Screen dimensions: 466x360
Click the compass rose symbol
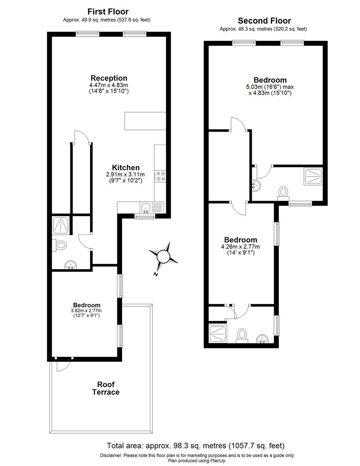pyautogui.click(x=163, y=257)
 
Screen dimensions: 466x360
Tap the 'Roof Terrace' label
pyautogui.click(x=106, y=388)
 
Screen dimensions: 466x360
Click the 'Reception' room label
pyautogui.click(x=109, y=78)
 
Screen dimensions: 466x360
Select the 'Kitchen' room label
pyautogui.click(x=126, y=167)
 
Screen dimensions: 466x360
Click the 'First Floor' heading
pyautogui.click(x=108, y=12)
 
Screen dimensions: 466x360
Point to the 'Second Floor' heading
pyautogui.click(x=264, y=21)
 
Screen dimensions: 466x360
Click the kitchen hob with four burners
pyautogui.click(x=161, y=176)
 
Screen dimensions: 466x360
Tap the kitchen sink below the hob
pyautogui.click(x=146, y=208)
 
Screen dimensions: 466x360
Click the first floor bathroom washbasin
pyautogui.click(x=70, y=264)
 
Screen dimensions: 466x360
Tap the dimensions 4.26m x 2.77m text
pyautogui.click(x=241, y=247)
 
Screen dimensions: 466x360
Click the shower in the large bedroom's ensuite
pyautogui.click(x=312, y=176)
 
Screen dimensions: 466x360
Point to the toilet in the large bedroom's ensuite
pyautogui.click(x=284, y=191)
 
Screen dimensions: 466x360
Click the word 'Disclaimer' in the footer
pyautogui.click(x=111, y=455)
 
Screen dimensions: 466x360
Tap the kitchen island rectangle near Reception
pyautogui.click(x=145, y=121)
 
